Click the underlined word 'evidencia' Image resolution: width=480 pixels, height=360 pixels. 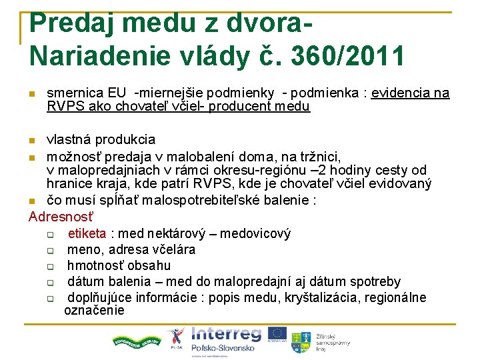coord(399,93)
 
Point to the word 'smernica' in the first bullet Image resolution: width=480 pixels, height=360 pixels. coord(73,93)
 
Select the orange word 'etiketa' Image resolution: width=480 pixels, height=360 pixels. coord(87,233)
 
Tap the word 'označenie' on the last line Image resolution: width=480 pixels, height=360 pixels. coord(94,310)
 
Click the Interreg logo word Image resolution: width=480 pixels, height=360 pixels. coord(226,334)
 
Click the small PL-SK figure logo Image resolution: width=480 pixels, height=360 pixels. coord(175,337)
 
